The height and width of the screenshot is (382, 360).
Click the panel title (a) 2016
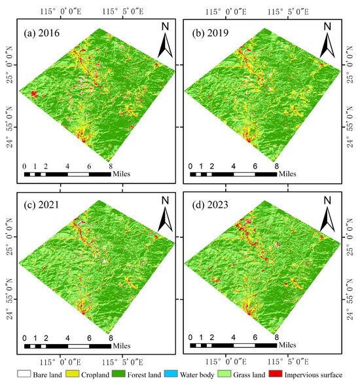coord(41,33)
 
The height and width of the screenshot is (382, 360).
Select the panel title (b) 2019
coord(210,33)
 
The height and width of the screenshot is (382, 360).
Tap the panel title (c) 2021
coord(41,205)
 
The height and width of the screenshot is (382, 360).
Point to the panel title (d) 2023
coord(210,205)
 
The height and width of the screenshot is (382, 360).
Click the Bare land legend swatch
coord(24,374)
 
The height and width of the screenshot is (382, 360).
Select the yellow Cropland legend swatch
coord(72,374)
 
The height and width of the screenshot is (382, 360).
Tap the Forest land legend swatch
coord(118,374)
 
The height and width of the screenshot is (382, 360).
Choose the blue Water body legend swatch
coord(171,374)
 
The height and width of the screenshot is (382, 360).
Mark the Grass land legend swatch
coord(224,374)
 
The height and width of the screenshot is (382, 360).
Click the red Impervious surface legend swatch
coord(276,374)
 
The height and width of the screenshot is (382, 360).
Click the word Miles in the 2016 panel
coord(122,174)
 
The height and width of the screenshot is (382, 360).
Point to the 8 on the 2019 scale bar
coord(277,166)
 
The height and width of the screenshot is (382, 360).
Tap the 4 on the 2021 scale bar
coord(67,338)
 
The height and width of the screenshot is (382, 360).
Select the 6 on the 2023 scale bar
coord(255,337)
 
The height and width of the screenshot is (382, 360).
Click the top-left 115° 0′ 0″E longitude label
coord(61,11)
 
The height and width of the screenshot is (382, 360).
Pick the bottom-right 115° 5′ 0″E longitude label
coord(288,362)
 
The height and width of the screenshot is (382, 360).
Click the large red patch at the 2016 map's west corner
coord(34,94)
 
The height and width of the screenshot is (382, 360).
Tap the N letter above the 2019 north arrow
coord(327,27)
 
